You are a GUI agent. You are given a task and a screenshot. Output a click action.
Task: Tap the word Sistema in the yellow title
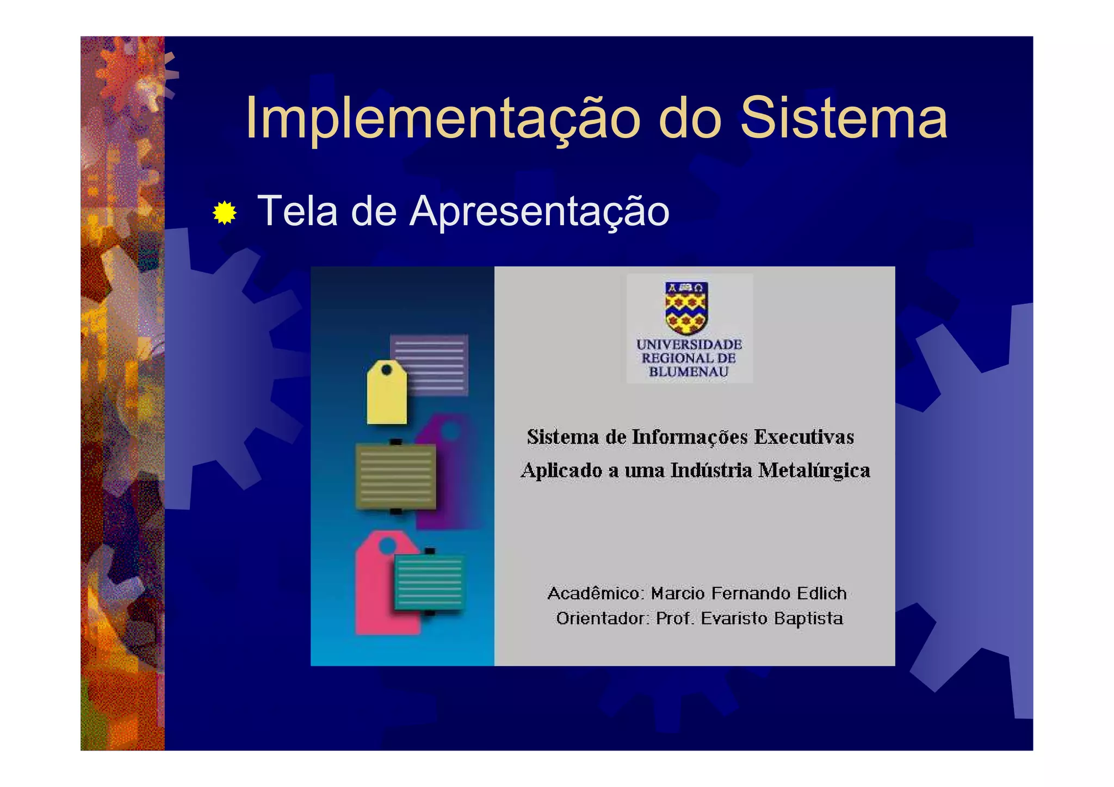coord(843,119)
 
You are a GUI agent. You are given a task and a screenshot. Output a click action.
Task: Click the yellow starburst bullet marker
coord(225,213)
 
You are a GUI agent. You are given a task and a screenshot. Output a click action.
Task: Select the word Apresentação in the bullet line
coord(539,211)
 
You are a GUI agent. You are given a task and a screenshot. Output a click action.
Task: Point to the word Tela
coord(298,211)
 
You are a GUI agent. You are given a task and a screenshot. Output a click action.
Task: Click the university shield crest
coord(686,307)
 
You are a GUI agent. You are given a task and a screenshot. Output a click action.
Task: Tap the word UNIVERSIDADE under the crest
coord(689,344)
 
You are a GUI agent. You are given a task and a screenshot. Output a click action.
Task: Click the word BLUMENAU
coord(689,372)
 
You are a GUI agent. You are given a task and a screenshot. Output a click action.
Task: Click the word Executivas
coord(804,437)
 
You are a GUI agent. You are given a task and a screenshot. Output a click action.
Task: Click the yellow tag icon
coord(387,394)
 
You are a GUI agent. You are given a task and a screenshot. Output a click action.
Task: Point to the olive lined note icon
coord(395,477)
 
